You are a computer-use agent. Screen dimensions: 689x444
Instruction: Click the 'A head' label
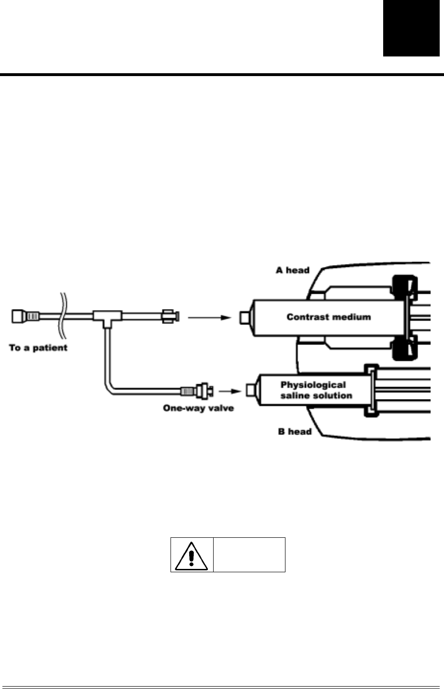coord(293,270)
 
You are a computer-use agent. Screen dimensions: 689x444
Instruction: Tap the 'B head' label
coord(295,432)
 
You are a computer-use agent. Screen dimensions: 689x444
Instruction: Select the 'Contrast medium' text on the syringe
coord(329,317)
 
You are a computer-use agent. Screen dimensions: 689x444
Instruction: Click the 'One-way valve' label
coord(198,408)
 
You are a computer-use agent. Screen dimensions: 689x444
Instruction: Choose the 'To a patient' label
coord(38,347)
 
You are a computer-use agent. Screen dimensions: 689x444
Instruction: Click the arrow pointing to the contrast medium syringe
coord(209,317)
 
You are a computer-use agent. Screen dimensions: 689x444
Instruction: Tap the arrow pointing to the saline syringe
coord(229,391)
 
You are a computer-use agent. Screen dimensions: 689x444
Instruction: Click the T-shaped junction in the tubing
coord(108,318)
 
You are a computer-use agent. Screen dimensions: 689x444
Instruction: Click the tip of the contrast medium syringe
coord(245,317)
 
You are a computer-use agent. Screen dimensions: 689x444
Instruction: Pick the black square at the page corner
coord(411,28)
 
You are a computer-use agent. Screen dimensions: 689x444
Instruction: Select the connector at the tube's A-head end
coord(171,316)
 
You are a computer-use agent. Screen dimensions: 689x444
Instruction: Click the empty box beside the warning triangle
coord(249,555)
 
